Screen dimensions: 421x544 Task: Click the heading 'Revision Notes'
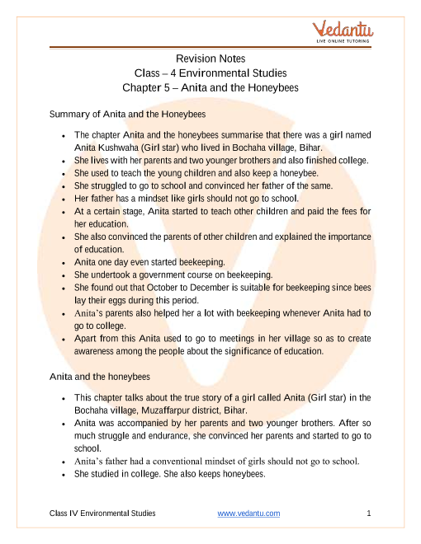coord(210,59)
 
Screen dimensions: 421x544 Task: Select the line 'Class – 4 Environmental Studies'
coord(210,73)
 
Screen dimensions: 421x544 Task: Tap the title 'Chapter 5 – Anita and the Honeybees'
coord(210,87)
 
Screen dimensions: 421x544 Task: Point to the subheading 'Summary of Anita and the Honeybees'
coord(128,113)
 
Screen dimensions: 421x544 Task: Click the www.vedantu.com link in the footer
coord(248,514)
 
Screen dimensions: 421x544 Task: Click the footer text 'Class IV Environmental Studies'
coord(103,514)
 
